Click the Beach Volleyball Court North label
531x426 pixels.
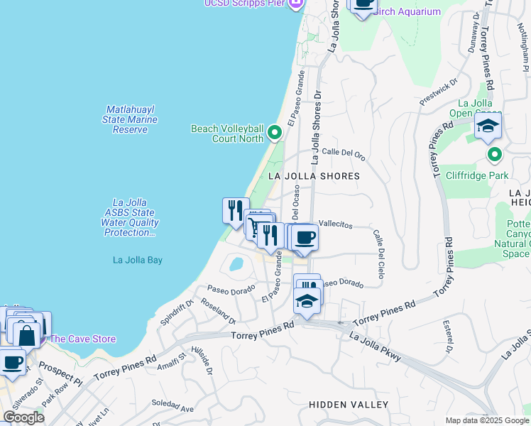[x=227, y=133]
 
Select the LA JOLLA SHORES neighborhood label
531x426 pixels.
[x=314, y=176]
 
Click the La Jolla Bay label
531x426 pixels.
[x=138, y=261]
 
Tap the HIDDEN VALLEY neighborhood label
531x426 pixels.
[x=349, y=405]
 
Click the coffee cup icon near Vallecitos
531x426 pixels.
[x=305, y=237]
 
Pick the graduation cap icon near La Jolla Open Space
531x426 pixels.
[x=488, y=126]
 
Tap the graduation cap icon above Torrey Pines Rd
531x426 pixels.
[x=307, y=301]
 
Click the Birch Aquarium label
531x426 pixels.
[x=407, y=12]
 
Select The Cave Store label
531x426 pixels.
[x=82, y=339]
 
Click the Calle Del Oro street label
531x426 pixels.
[x=343, y=153]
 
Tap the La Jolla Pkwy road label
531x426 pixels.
[x=376, y=344]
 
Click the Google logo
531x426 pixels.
[x=23, y=417]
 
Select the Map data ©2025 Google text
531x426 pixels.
[x=486, y=420]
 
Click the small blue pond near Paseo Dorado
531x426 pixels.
[x=235, y=265]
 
